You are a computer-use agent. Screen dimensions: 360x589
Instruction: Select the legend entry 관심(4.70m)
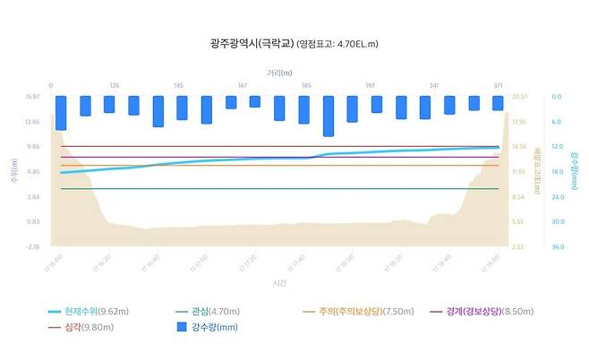click(216, 312)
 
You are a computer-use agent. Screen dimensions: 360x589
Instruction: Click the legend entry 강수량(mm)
click(211, 327)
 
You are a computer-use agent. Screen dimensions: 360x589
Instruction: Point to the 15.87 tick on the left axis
click(33, 97)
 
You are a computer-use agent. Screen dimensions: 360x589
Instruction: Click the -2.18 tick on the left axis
click(33, 246)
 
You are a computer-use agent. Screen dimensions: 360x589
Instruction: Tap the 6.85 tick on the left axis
click(33, 171)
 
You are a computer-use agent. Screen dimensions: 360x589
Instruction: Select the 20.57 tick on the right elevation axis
click(518, 97)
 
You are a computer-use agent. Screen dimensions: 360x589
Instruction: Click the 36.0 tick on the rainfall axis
click(557, 246)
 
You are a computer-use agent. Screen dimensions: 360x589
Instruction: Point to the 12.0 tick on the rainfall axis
click(557, 146)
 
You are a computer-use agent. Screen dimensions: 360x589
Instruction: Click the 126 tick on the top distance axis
click(115, 86)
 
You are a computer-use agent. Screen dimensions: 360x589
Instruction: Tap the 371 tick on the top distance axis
click(498, 86)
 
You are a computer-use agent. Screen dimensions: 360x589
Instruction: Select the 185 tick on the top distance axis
click(306, 86)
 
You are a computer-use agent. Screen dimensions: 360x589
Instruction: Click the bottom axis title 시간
click(279, 282)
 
